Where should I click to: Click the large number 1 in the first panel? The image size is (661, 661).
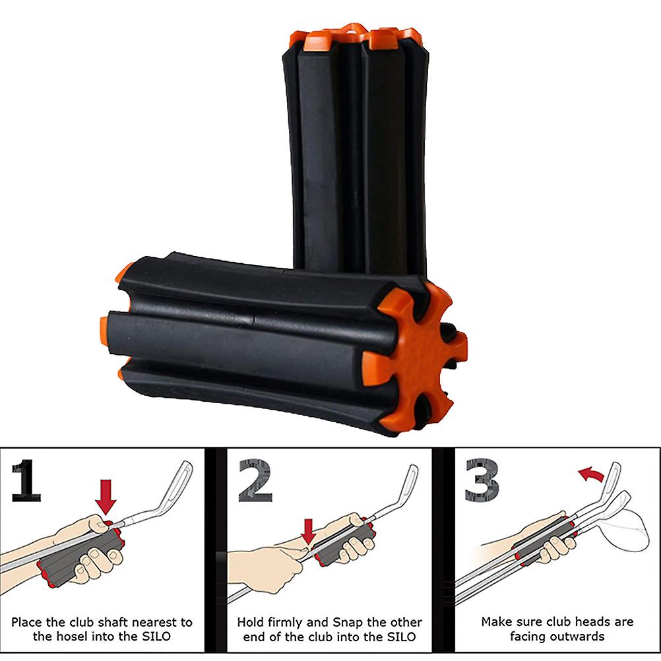pyautogui.click(x=26, y=480)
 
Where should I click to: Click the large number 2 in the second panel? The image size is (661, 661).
pyautogui.click(x=255, y=480)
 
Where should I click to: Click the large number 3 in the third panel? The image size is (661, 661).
pyautogui.click(x=482, y=480)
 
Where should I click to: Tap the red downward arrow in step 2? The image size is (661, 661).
pyautogui.click(x=309, y=532)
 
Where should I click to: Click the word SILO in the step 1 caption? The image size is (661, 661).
pyautogui.click(x=156, y=636)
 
